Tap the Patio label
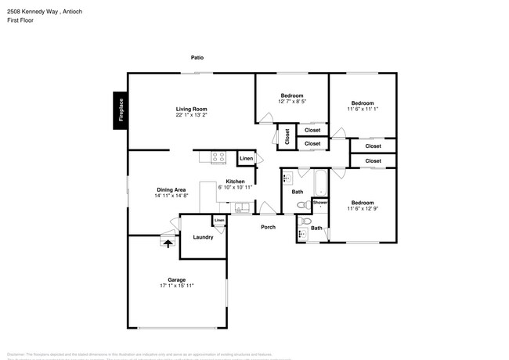199,57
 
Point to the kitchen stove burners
218,157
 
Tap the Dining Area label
171,189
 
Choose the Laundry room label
203,237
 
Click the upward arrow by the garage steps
166,243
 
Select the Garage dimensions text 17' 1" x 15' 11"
176,286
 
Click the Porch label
268,227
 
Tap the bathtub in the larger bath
320,185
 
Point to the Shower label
320,203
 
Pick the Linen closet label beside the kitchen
246,159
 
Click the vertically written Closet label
287,136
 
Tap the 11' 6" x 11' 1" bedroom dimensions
362,110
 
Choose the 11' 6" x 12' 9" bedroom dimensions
362,209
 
